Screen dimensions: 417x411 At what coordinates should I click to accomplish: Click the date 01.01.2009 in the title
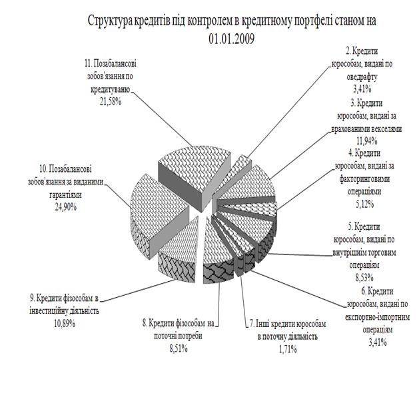pos(231,39)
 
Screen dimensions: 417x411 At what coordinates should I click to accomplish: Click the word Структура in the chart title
pos(110,21)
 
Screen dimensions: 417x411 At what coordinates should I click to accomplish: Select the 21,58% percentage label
pos(111,102)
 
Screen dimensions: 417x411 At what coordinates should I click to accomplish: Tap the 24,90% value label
pos(66,206)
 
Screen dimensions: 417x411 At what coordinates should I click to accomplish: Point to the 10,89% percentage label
pos(65,323)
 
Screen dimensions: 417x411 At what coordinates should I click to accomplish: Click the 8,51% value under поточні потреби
pos(179,348)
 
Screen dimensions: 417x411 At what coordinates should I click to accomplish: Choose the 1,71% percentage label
pos(288,349)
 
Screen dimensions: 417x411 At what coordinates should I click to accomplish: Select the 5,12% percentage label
pos(365,204)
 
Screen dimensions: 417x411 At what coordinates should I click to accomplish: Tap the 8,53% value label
pos(364,278)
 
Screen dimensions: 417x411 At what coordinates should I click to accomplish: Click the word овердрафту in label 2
pos(362,77)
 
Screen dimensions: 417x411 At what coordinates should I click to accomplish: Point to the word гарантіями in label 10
pos(66,195)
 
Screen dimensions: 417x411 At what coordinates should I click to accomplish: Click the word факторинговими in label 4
pos(364,179)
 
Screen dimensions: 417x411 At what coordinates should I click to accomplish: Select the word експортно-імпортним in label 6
pos(378,317)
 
